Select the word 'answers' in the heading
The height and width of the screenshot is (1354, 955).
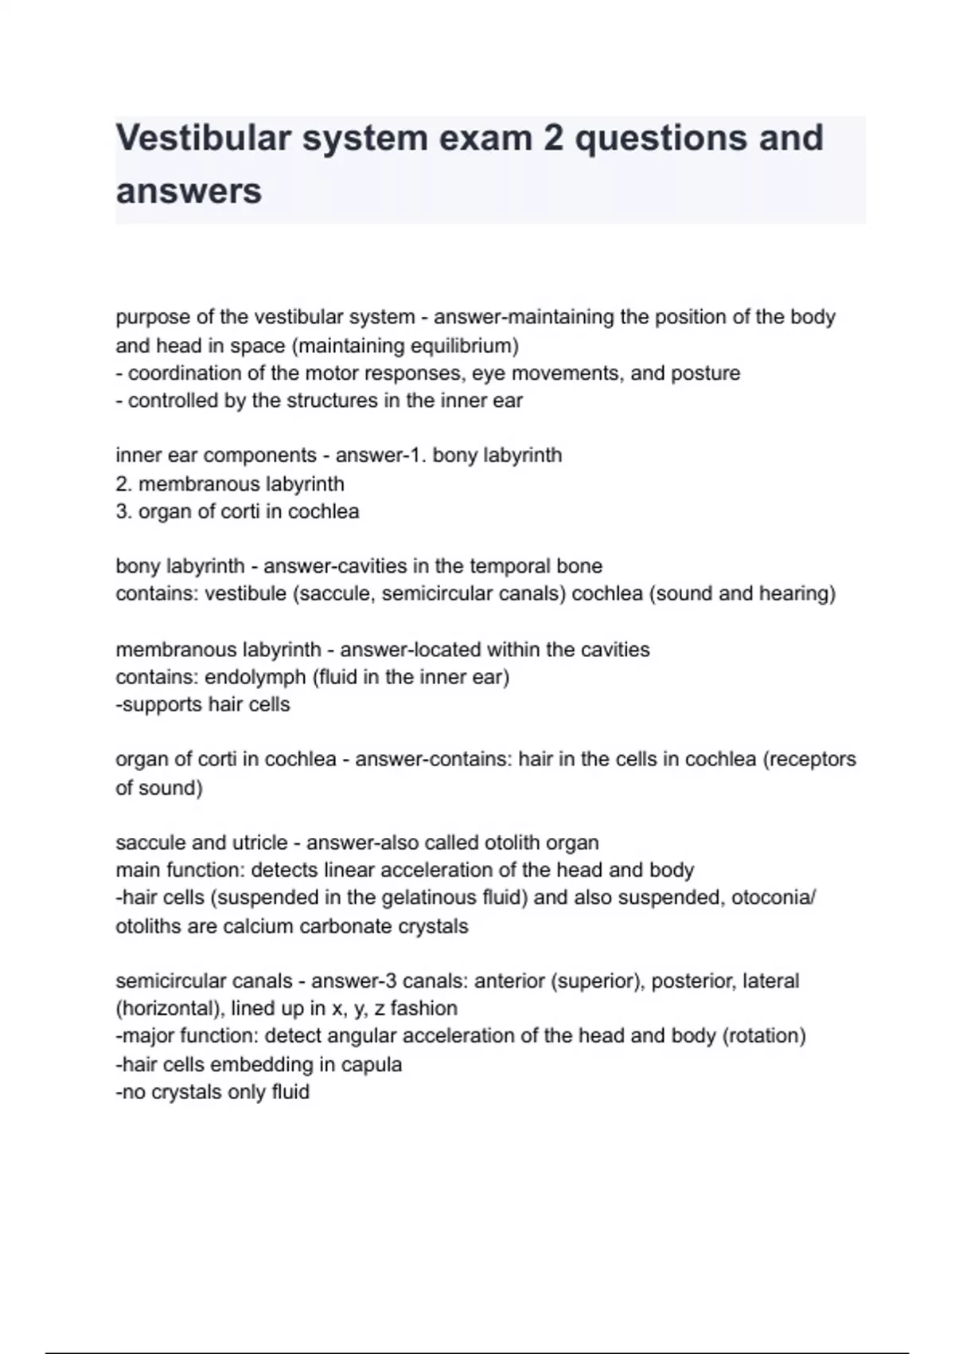tap(189, 191)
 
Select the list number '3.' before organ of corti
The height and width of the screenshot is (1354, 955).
tap(124, 511)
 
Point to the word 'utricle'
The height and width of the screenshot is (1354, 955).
tap(259, 843)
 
